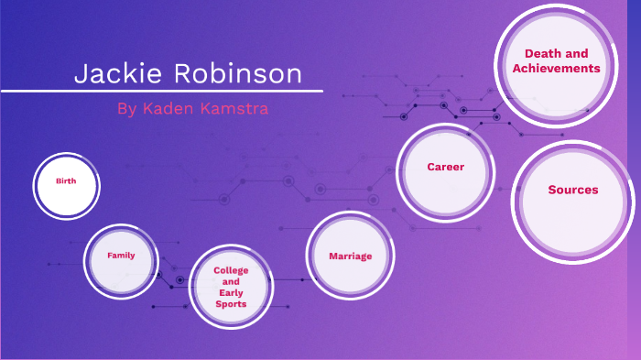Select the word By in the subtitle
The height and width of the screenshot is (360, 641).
tap(126, 108)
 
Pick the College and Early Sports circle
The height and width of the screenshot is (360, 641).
tap(231, 287)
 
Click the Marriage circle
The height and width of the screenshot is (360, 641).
tap(351, 256)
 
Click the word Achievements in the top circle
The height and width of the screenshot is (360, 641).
tap(556, 69)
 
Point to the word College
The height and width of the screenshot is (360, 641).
tap(231, 270)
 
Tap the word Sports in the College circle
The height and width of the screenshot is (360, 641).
tap(231, 303)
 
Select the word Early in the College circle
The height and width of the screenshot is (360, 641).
tap(231, 293)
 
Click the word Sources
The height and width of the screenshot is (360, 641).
tap(573, 190)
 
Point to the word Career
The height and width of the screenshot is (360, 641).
tap(445, 167)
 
